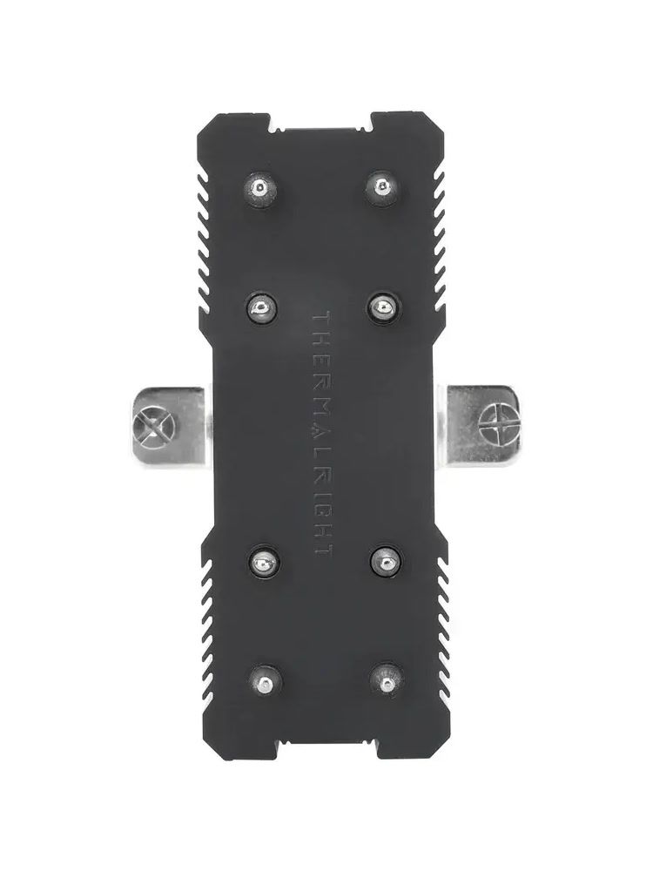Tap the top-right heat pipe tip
(381, 188)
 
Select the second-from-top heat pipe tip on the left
(259, 307)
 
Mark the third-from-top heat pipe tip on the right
(387, 560)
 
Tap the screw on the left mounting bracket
(154, 427)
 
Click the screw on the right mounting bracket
(502, 422)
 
